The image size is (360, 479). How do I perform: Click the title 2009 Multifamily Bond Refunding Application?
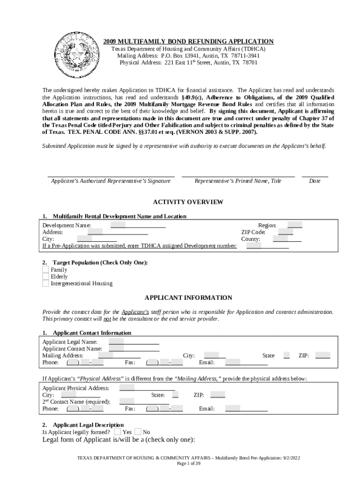[188, 41]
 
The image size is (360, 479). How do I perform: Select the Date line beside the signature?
[315, 176]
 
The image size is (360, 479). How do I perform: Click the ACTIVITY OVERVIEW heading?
[188, 202]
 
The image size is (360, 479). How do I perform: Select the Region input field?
[295, 225]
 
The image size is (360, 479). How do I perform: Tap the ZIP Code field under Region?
[286, 232]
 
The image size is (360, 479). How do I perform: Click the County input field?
[287, 239]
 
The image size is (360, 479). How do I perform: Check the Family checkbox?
[45, 269]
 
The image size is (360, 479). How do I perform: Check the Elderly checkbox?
[45, 276]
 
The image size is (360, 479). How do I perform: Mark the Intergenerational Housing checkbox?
[45, 283]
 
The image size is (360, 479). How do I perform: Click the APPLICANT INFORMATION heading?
[188, 298]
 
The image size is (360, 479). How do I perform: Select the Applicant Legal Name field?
[134, 341]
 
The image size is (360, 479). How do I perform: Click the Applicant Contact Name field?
[134, 348]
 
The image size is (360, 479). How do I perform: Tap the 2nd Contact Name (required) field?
[144, 401]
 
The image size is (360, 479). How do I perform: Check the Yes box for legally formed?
[118, 432]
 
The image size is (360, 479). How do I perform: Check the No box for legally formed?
[138, 432]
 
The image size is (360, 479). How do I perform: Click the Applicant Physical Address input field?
[147, 388]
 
